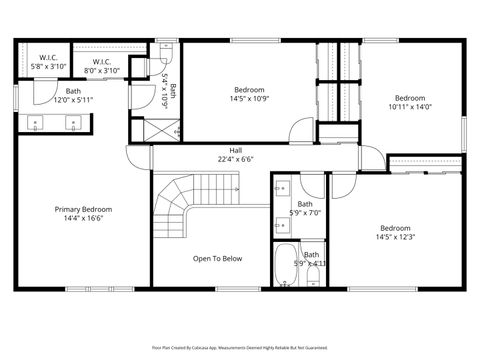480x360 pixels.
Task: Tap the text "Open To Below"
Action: point(218,258)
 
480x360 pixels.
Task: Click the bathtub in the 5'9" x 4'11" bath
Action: point(285,265)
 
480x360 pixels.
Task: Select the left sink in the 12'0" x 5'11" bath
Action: point(39,125)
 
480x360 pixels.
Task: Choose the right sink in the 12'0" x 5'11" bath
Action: point(72,125)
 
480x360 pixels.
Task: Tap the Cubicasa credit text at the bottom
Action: point(240,348)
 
